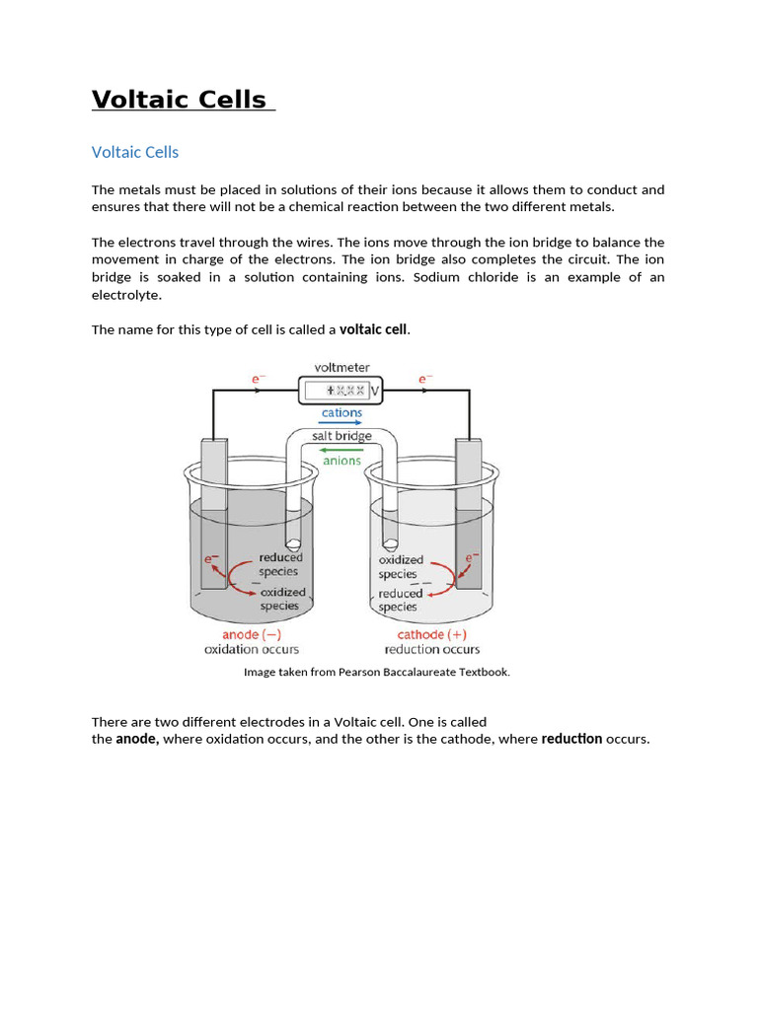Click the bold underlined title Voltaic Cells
(180, 100)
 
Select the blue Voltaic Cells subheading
(135, 152)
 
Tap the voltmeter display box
(337, 391)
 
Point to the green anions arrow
(341, 450)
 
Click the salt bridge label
(341, 436)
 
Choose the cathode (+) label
(431, 634)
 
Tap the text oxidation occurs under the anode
(252, 649)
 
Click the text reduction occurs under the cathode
(432, 649)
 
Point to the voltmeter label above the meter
(341, 368)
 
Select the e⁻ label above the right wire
(425, 378)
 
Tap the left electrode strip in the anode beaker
(213, 513)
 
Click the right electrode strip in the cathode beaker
(468, 513)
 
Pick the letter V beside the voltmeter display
(375, 392)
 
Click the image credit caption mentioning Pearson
(377, 672)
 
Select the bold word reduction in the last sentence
(571, 739)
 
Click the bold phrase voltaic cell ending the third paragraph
(373, 329)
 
